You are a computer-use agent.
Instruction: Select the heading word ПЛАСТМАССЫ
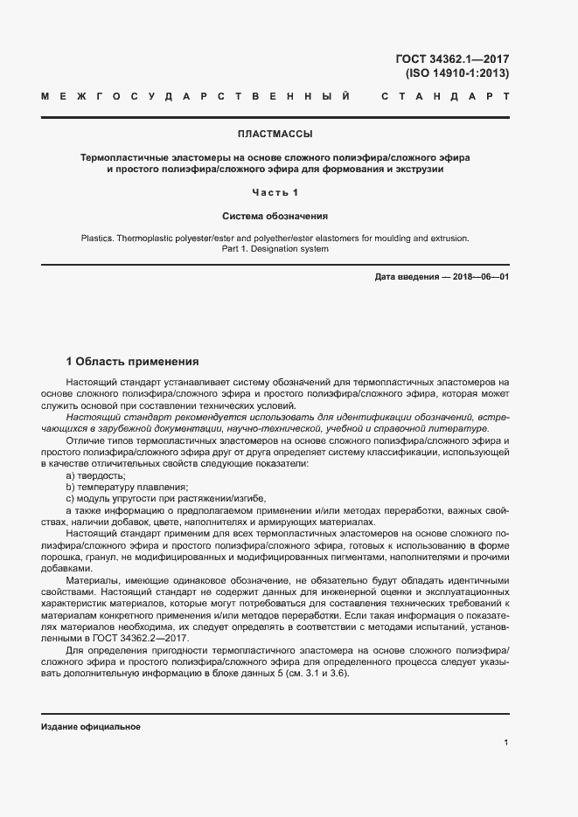coord(275,135)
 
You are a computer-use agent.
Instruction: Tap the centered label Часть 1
coord(275,192)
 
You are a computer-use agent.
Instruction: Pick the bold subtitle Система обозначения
coord(275,215)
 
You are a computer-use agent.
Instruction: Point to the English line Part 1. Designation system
coord(275,249)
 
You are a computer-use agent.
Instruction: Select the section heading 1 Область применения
coord(133,361)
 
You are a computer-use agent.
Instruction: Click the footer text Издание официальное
coord(91,727)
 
